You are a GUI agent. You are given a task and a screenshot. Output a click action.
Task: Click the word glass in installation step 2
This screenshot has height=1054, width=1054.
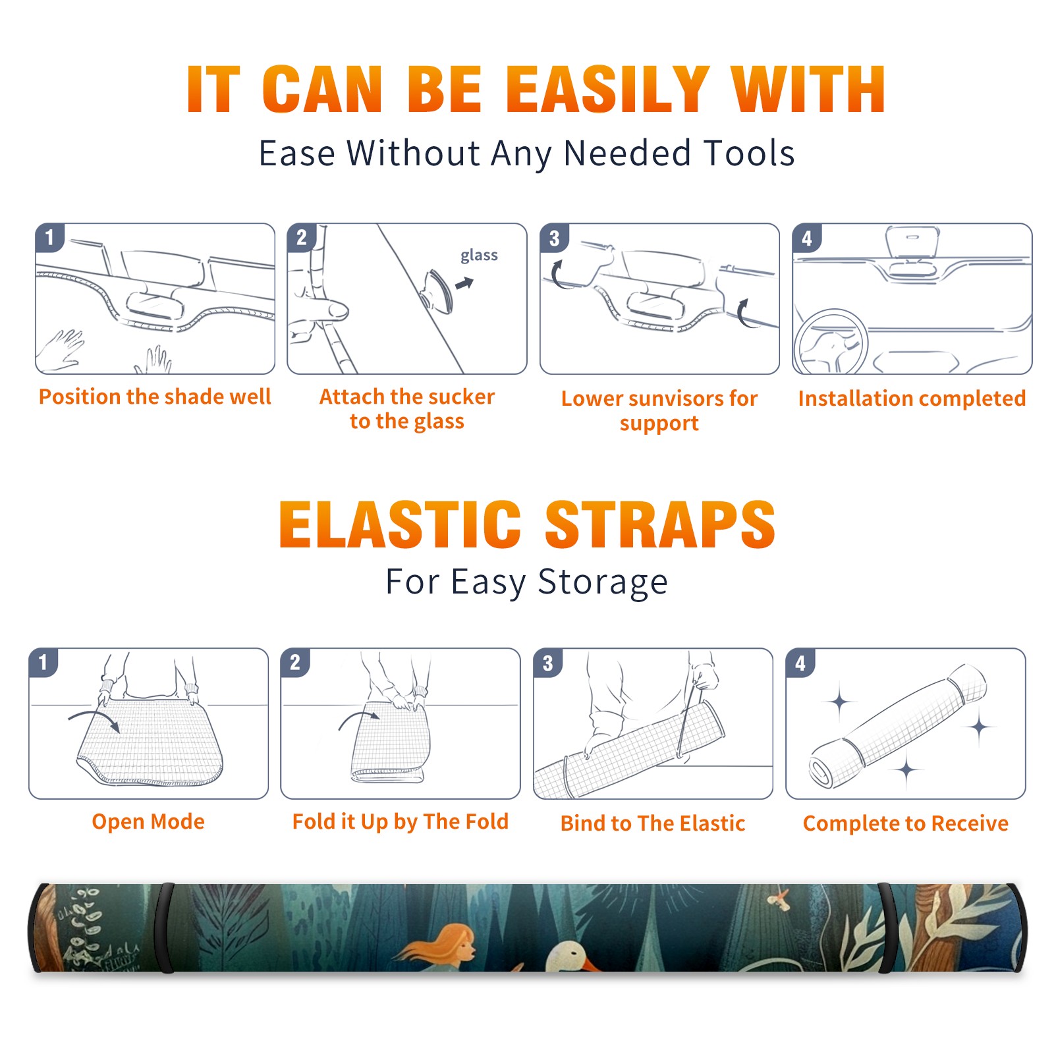pos(479,256)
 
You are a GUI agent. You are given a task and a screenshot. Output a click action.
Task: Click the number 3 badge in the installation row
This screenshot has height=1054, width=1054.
pos(554,238)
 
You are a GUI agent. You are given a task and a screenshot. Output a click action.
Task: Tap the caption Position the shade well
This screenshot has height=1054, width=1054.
pos(155,397)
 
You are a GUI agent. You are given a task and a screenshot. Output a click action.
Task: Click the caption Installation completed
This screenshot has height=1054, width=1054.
pos(912,398)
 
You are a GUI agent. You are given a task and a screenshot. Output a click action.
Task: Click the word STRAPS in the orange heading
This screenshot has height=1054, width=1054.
pos(660,524)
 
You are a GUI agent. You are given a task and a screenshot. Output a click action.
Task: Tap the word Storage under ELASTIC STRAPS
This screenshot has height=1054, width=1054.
pos(603,582)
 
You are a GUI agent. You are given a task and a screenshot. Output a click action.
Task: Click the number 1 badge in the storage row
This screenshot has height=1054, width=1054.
pos(43,663)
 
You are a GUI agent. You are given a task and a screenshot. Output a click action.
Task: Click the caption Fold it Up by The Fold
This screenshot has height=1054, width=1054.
pos(401,821)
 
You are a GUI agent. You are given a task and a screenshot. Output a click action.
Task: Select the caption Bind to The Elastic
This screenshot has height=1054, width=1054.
pos(652,823)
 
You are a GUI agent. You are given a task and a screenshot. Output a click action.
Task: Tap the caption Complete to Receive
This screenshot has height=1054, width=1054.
pos(906,823)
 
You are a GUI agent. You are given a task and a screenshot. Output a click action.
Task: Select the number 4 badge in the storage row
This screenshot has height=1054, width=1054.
pos(800,663)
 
